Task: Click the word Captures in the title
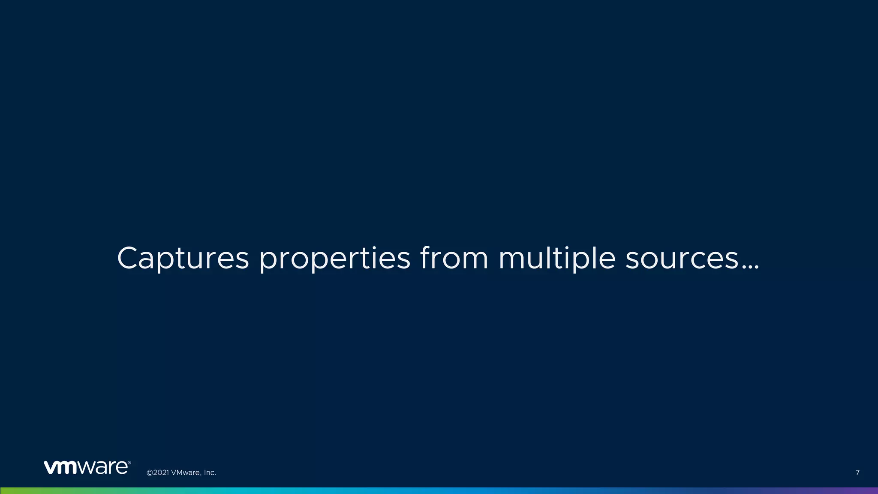[x=183, y=258]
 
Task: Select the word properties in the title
[x=335, y=259]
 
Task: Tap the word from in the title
[x=454, y=258]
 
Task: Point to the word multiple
[x=557, y=259]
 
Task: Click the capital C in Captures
[x=129, y=258]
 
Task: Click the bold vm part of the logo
[x=60, y=467]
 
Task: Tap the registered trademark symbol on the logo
[x=129, y=463]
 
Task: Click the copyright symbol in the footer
[x=150, y=473]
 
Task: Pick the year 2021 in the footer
[x=161, y=473]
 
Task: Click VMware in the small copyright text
[x=185, y=473]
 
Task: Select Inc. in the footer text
[x=210, y=473]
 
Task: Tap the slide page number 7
[x=857, y=473]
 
